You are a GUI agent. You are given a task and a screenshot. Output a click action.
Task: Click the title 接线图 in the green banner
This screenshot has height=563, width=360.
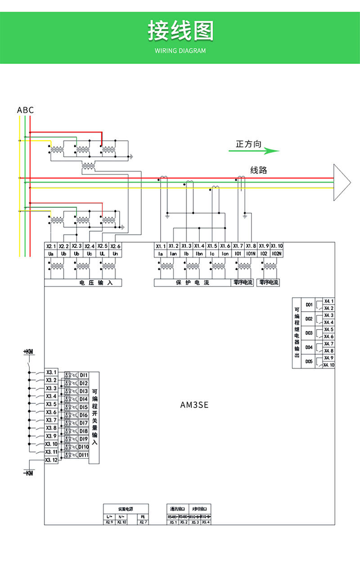tap(180, 31)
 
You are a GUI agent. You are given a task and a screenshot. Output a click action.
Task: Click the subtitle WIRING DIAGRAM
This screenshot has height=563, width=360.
tap(180, 51)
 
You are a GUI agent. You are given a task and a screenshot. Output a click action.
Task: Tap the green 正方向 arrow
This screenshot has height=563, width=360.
tap(254, 151)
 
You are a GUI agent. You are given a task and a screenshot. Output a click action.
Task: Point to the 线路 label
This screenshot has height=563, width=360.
tap(259, 170)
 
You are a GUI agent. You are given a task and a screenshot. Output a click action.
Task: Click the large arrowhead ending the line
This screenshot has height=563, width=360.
tap(341, 182)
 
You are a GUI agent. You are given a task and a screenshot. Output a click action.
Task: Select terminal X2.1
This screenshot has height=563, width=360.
tap(51, 246)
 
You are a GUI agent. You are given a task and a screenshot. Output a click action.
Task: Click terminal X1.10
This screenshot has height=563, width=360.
tap(277, 246)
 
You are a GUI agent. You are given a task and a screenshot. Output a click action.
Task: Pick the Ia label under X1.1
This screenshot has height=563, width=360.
tap(161, 254)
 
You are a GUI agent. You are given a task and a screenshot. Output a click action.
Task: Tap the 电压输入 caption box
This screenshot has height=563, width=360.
tap(84, 283)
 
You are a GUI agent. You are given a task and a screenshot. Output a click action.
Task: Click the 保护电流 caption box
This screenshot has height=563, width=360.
tap(192, 283)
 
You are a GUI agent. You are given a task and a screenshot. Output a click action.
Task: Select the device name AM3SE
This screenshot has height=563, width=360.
tap(194, 405)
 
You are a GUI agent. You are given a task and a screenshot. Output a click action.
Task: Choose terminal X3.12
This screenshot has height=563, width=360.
tap(51, 460)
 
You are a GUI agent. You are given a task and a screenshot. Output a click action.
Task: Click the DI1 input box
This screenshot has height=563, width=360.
tap(84, 375)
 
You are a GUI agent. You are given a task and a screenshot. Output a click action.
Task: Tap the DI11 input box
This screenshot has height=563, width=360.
tap(84, 455)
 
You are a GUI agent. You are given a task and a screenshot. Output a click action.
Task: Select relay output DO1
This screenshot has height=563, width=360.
tap(309, 304)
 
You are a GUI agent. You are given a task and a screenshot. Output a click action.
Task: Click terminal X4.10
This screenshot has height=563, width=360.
tap(329, 365)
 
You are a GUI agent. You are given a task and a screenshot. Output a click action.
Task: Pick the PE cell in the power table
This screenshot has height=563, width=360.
tap(143, 517)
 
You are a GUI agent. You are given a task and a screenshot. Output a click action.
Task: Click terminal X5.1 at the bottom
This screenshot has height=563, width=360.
tap(172, 522)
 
